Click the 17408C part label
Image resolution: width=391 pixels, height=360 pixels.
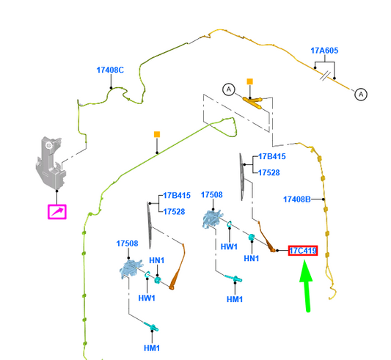click(x=110, y=70)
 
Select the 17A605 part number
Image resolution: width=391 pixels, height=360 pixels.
click(x=324, y=51)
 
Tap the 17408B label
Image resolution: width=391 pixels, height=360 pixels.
click(x=297, y=199)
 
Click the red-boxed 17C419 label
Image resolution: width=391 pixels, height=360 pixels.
click(x=303, y=251)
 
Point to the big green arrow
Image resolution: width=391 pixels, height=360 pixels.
click(x=307, y=285)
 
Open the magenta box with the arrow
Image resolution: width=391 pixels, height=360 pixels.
click(x=57, y=212)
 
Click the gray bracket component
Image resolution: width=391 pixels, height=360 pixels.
click(x=51, y=163)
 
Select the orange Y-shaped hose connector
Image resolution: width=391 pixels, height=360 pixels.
click(x=252, y=102)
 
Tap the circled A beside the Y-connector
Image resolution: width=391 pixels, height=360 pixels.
click(x=229, y=89)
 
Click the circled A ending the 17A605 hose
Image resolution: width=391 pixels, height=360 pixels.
click(x=361, y=95)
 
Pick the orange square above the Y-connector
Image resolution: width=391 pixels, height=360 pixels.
click(x=250, y=81)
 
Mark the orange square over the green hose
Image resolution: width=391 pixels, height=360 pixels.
click(x=157, y=135)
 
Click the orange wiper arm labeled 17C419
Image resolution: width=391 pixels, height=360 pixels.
click(x=266, y=237)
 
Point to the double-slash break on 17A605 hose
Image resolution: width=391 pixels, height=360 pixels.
click(x=326, y=75)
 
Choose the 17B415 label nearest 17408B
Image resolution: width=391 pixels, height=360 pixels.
click(x=272, y=157)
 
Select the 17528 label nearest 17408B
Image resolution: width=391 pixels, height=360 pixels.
click(x=268, y=172)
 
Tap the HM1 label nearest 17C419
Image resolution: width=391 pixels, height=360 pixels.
click(x=235, y=299)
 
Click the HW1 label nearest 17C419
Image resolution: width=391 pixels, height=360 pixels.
click(x=229, y=247)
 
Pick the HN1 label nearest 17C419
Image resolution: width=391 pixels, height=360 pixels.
click(x=252, y=258)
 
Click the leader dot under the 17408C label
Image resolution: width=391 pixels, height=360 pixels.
click(x=111, y=88)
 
